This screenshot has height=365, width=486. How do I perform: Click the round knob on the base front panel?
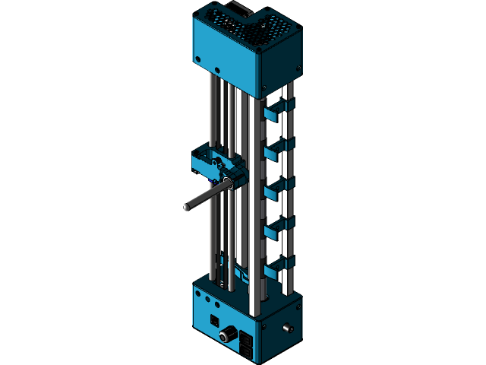226,334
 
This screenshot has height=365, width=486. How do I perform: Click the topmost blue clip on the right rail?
278,110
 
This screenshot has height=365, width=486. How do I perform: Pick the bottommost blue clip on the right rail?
278,265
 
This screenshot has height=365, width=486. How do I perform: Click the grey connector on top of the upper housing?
241,9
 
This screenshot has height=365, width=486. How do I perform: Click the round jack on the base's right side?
288,328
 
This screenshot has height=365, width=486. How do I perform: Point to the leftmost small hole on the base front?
199,292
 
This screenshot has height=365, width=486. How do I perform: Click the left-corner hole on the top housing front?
198,58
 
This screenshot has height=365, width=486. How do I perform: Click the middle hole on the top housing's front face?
218,71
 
